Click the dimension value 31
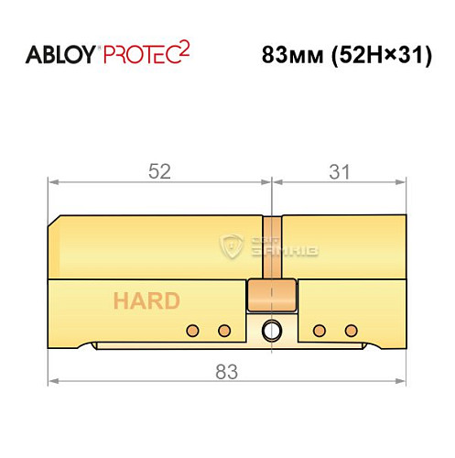tap(339, 170)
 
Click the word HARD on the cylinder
tap(146, 300)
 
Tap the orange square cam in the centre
tap(271, 297)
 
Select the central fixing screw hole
tap(271, 330)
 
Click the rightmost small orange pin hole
tap(349, 330)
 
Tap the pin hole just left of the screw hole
tap(222, 330)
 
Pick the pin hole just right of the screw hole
tap(320, 330)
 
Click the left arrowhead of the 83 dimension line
tap(53, 381)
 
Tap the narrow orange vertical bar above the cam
tap(272, 247)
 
